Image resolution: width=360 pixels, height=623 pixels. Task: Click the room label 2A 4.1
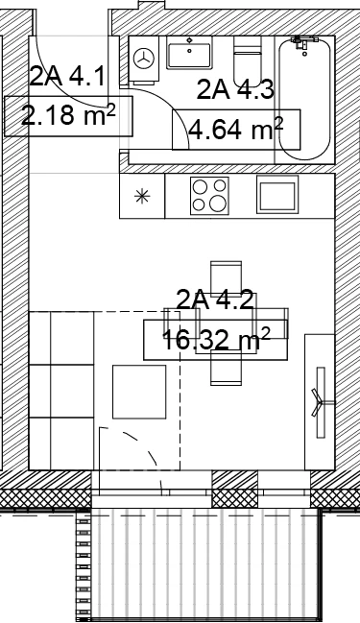point(67,77)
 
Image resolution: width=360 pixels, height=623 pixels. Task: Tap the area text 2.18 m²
point(68,115)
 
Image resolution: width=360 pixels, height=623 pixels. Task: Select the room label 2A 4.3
point(235,89)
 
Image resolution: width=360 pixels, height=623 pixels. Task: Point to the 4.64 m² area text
point(235,130)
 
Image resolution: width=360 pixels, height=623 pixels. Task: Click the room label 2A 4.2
point(215,300)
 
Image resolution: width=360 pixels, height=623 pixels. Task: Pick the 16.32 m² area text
point(216,340)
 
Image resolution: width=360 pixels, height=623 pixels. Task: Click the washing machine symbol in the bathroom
point(143,59)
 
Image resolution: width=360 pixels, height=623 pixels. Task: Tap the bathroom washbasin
point(189,53)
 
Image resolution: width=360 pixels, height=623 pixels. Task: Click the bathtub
point(304,99)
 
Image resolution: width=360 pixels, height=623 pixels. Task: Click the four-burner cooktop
point(209,196)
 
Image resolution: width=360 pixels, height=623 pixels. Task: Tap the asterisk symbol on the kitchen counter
point(142,196)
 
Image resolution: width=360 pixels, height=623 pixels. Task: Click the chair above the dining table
point(227,277)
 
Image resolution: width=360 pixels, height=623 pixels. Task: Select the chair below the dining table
point(227,368)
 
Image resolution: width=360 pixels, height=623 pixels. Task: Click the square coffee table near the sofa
point(139,392)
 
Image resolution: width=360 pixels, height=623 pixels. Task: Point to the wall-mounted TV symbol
point(321,402)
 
